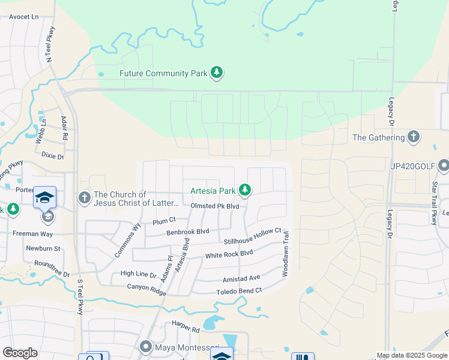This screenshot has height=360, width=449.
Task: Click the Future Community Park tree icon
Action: [x=217, y=73]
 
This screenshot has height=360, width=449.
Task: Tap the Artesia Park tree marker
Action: [x=244, y=190]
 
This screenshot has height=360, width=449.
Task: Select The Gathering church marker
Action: [x=413, y=137]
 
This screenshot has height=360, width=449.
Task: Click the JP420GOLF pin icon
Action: [x=444, y=165]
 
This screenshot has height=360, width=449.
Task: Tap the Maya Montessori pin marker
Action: [x=146, y=347]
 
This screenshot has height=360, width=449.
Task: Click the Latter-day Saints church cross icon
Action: [x=84, y=197]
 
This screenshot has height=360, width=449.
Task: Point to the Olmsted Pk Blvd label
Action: [x=215, y=206]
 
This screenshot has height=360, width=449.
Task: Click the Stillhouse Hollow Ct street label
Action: [x=253, y=236]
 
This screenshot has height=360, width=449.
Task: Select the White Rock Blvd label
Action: [x=229, y=254]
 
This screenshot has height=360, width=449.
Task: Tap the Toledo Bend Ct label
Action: [x=239, y=291]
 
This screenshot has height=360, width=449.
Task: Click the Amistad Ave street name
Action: [x=241, y=278]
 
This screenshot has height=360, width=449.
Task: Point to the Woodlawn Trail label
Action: [x=286, y=254]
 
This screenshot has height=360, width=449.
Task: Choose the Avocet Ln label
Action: [x=23, y=17]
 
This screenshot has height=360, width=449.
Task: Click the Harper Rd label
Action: [x=185, y=329]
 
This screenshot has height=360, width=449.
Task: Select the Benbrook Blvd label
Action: [x=187, y=231]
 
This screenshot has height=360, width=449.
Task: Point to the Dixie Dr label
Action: [x=52, y=155]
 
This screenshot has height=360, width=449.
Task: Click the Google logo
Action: [x=20, y=353]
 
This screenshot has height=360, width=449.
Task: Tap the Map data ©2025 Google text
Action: [x=411, y=355]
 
